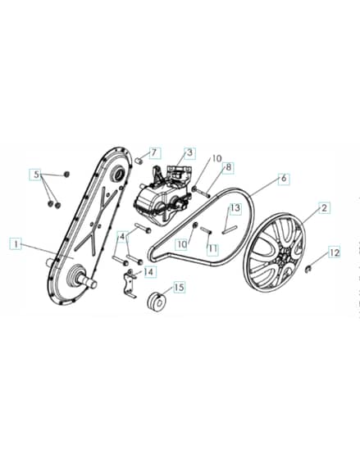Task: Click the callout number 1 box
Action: [x=16, y=243]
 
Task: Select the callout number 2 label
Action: [x=324, y=208]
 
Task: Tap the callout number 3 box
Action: [x=189, y=152]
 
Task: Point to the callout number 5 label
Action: [x=36, y=175]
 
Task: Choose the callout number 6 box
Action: [x=284, y=179]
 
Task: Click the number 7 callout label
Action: [x=155, y=152]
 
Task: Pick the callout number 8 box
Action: [x=228, y=168]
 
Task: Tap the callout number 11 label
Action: [x=212, y=249]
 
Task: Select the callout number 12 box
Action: [x=335, y=252]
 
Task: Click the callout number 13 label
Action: [x=235, y=208]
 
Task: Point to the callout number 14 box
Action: [x=149, y=271]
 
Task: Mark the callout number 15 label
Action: [x=179, y=287]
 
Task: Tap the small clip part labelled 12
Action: [x=308, y=269]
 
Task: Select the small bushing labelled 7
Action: [x=139, y=161]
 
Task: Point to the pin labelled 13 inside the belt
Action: [x=230, y=229]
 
